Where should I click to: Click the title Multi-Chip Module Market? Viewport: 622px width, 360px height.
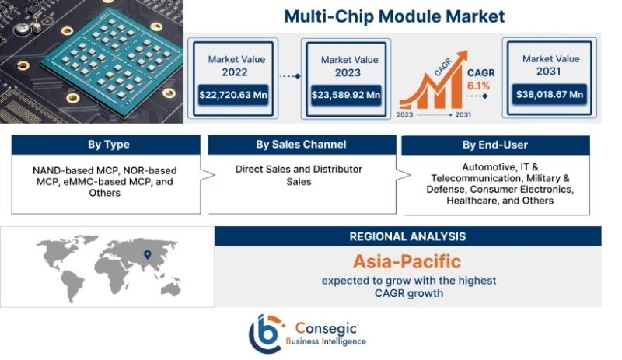(x=394, y=16)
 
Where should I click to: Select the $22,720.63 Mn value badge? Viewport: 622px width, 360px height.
(x=233, y=95)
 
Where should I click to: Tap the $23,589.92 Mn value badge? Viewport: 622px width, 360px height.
(x=346, y=95)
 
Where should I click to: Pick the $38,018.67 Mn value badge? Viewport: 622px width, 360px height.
(x=550, y=94)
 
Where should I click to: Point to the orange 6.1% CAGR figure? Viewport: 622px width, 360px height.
(x=478, y=86)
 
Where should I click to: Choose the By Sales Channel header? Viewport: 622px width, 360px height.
(x=302, y=145)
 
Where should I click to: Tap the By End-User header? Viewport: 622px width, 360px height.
(x=495, y=145)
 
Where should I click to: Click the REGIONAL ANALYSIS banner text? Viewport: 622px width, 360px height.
(x=407, y=236)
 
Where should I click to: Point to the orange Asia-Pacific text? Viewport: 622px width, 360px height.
(x=407, y=261)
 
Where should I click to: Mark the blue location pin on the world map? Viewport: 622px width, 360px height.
(x=147, y=254)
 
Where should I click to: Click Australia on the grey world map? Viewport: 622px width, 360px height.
(x=171, y=288)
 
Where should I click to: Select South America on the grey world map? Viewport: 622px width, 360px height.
(x=74, y=284)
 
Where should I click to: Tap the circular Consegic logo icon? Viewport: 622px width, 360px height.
(x=266, y=334)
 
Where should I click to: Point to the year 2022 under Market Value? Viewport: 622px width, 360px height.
(x=235, y=72)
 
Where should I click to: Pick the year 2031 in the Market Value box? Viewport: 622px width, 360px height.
(x=549, y=72)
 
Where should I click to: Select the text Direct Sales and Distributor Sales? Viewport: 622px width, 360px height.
(x=299, y=175)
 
